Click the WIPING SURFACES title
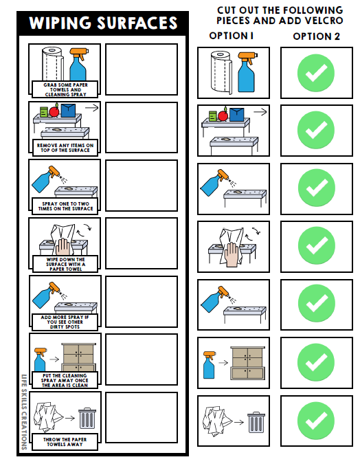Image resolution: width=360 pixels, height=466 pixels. coord(103,24)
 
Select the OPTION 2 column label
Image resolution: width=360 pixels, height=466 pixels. coord(316,36)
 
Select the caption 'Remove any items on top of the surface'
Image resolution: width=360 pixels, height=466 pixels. coord(65,146)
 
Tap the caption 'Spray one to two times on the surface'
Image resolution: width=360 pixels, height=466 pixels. coord(65,204)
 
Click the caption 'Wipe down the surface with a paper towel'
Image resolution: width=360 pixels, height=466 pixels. coord(65,263)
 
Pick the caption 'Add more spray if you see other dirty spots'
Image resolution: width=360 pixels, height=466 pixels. coord(65,321)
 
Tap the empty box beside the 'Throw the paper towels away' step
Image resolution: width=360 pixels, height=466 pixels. coord(141,417)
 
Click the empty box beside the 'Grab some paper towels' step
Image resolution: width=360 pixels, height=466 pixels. coord(141,69)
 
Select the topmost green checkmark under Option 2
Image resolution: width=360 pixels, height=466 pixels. coord(316,72)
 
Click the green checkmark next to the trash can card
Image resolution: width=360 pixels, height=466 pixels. coord(316,421)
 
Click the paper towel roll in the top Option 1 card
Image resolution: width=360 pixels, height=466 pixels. coord(223,72)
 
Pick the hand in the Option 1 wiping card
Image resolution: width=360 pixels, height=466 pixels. coord(232,253)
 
